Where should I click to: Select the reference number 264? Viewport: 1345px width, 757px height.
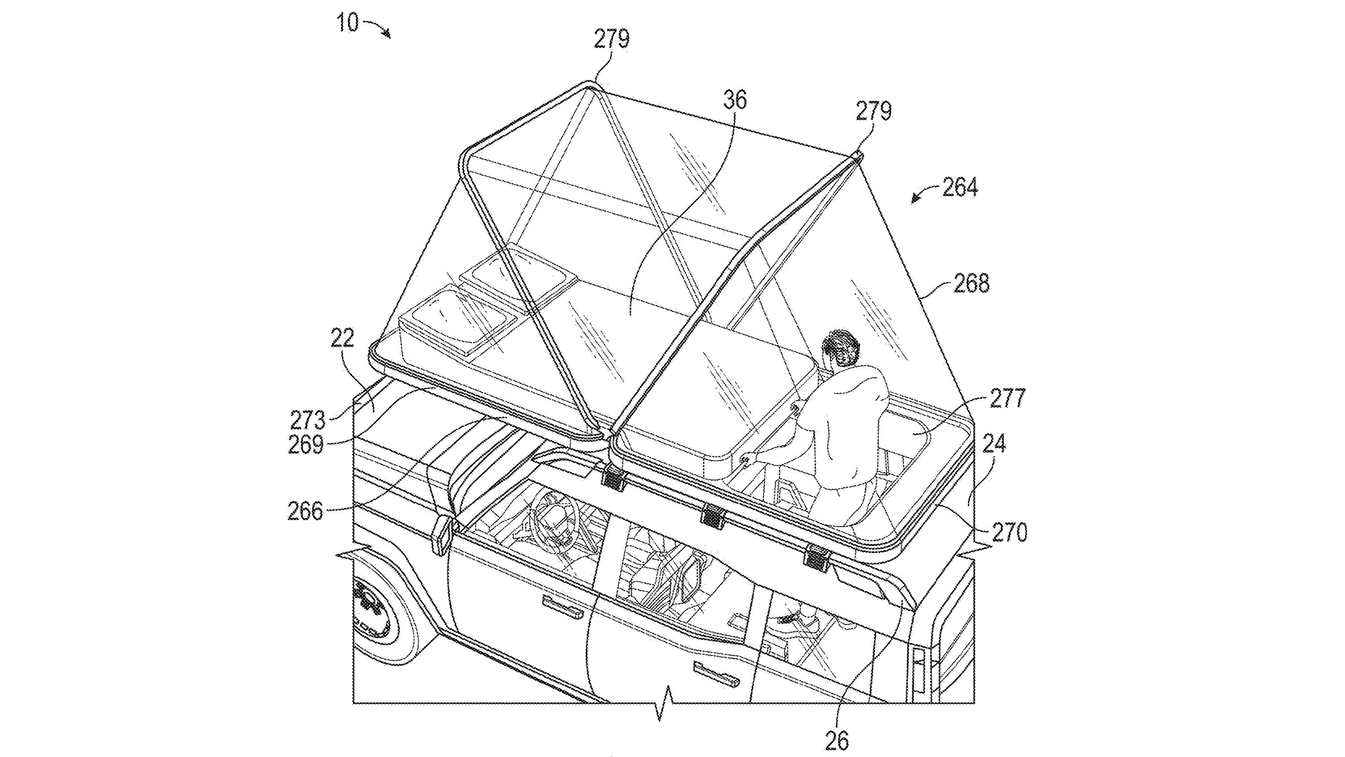960,187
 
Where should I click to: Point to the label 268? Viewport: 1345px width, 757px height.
971,284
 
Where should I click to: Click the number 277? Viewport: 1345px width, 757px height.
1007,399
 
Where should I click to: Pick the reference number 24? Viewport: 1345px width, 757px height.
993,444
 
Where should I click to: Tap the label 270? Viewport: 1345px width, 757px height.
1009,532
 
